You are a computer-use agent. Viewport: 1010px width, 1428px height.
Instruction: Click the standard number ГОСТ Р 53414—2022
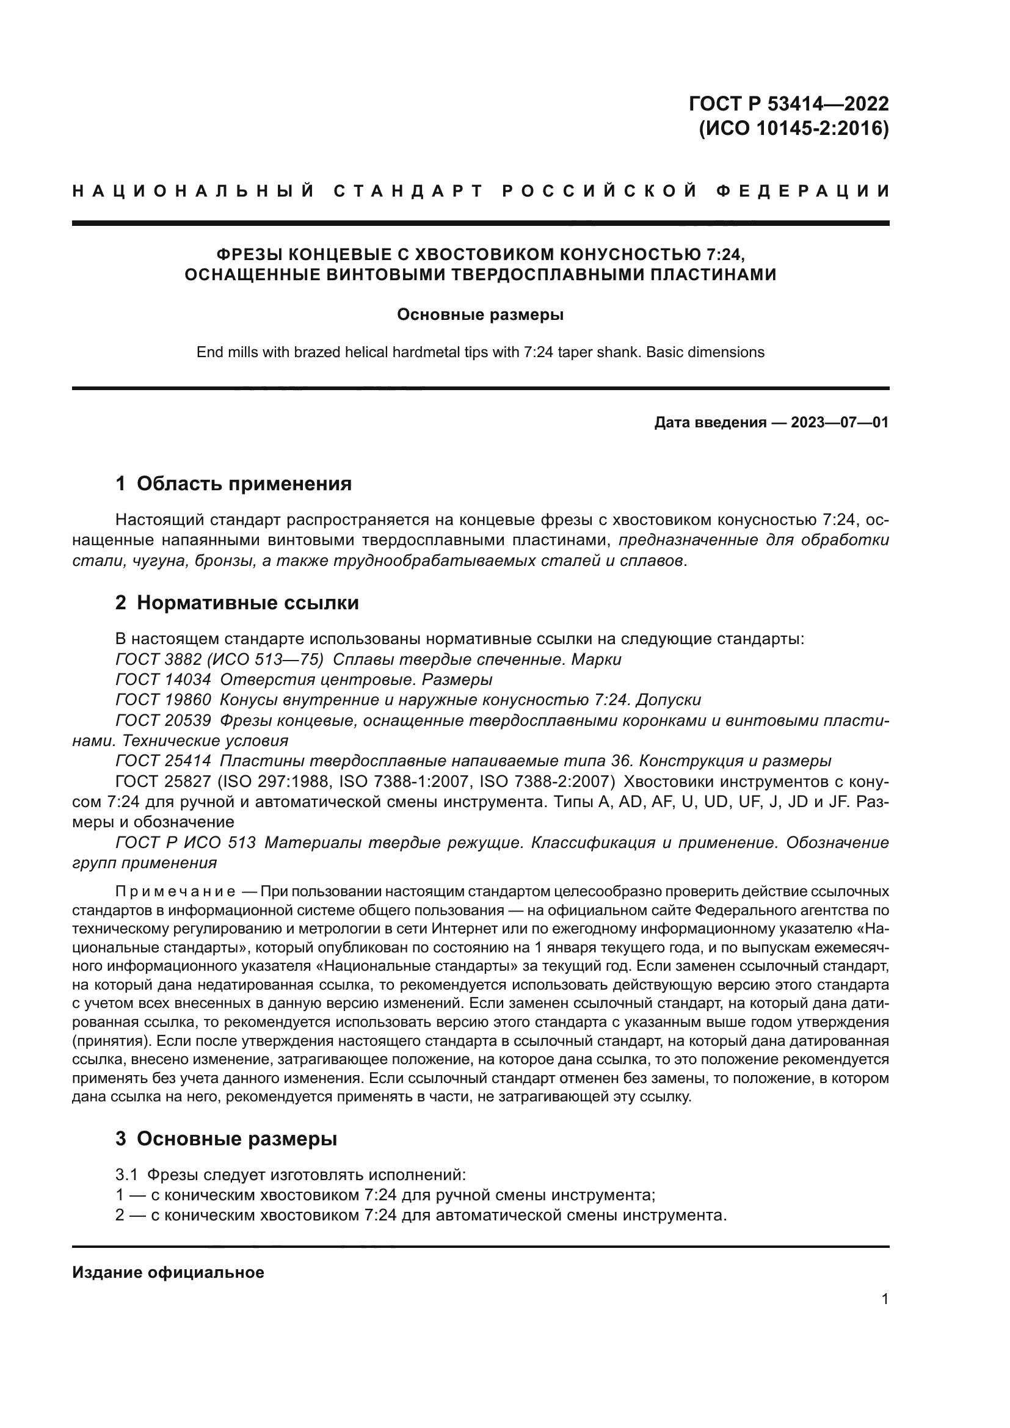point(788,103)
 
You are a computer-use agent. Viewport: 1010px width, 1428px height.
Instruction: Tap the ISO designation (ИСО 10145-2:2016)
point(794,129)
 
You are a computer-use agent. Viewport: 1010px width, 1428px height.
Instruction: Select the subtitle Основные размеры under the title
point(480,314)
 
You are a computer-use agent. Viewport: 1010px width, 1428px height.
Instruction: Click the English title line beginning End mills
point(480,352)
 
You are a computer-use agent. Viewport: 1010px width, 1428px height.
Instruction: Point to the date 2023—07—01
point(840,423)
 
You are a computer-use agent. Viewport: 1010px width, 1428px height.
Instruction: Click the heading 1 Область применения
point(233,484)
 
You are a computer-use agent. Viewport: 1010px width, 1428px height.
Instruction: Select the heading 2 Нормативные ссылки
point(237,603)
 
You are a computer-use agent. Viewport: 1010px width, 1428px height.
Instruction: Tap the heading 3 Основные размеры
point(227,1139)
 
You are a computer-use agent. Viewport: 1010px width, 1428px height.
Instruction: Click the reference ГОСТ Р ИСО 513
point(186,843)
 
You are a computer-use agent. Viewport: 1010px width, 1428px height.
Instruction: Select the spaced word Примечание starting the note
point(175,892)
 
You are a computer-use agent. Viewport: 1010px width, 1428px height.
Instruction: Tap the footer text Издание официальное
point(168,1272)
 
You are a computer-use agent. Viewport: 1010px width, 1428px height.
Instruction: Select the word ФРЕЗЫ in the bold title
point(246,255)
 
